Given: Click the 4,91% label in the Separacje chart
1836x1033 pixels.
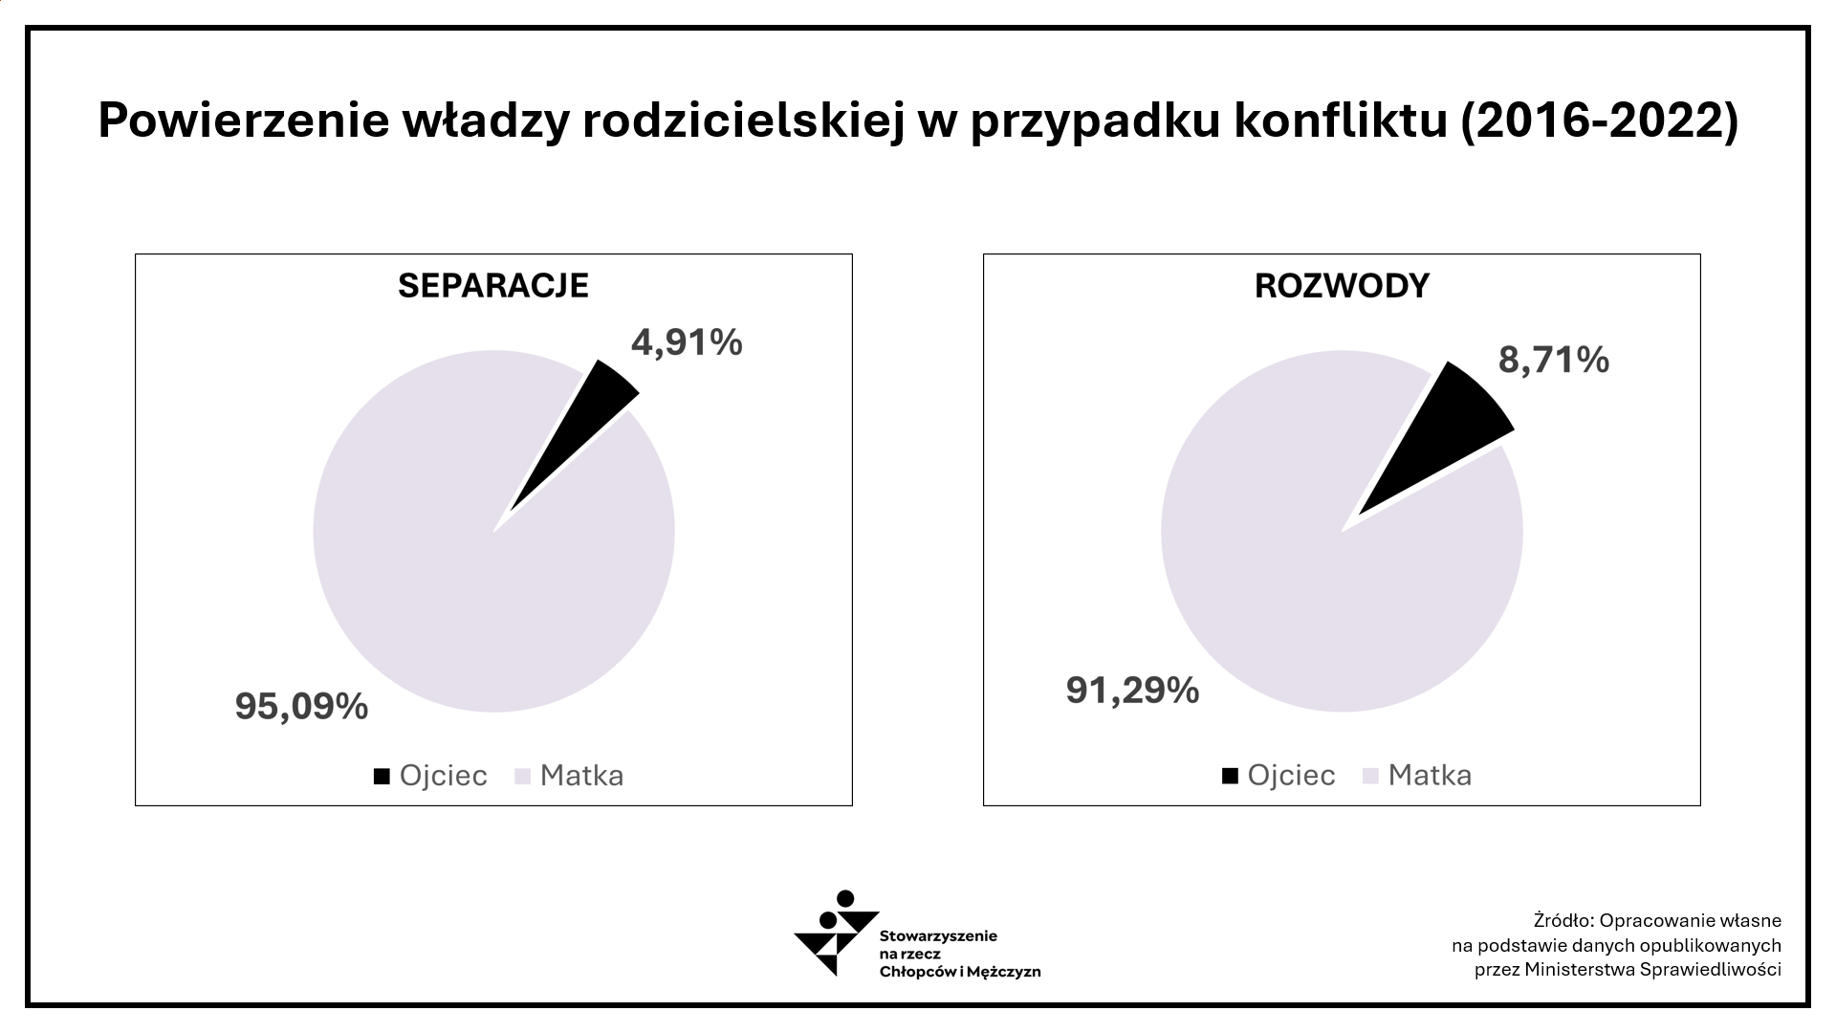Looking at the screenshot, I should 687,342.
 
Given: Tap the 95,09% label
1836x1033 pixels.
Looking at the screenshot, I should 301,707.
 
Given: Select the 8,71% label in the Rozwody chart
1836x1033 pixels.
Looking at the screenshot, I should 1553,360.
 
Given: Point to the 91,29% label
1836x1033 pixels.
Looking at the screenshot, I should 1132,690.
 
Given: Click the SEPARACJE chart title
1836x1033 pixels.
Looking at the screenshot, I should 493,286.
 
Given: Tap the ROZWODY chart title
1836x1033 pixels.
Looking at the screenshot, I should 1342,286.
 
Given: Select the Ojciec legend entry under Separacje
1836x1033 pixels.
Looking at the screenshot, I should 431,776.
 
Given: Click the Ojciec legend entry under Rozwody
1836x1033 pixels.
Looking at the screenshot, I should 1279,776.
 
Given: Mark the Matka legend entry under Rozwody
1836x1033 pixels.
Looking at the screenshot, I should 1418,776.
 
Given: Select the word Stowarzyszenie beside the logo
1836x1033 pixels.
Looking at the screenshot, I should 938,935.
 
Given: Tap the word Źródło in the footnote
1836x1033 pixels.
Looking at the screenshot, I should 1562,921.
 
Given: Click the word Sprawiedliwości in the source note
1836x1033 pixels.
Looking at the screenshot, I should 1710,969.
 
